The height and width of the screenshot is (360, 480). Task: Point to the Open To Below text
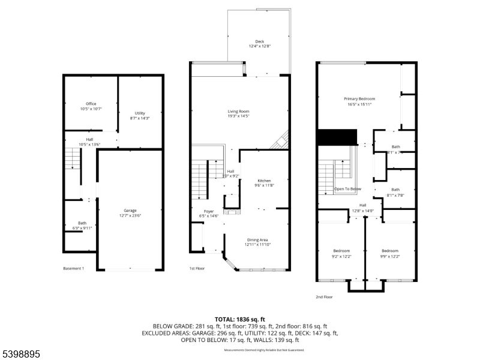point(347,189)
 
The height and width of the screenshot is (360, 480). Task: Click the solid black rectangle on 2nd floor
point(337,137)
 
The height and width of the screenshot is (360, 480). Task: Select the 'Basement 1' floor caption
point(73,268)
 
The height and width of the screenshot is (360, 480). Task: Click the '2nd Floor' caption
point(324,296)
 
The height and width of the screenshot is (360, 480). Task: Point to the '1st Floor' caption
point(197,268)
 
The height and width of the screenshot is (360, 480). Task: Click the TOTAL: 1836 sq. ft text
point(240,319)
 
